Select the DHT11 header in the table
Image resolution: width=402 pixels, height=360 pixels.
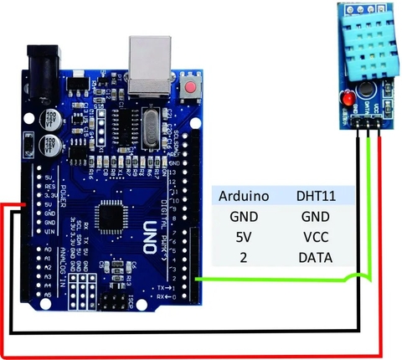pyautogui.click(x=316, y=196)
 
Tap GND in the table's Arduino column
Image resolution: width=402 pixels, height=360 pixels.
pyautogui.click(x=242, y=216)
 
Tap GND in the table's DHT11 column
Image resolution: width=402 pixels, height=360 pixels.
pyautogui.click(x=316, y=216)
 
